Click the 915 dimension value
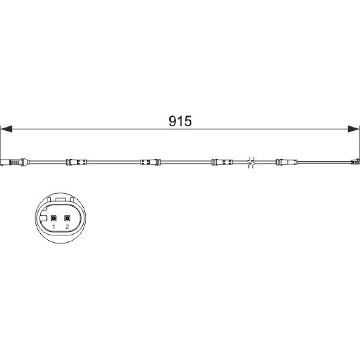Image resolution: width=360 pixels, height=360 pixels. (x=180, y=121)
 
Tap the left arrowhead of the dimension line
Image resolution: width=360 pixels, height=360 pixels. (x=6, y=129)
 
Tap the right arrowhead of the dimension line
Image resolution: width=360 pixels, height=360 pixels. (x=353, y=129)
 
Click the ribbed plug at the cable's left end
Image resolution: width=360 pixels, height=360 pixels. (x=14, y=162)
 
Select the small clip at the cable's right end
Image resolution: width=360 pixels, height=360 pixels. (x=355, y=162)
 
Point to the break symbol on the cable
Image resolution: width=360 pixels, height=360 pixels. (x=252, y=162)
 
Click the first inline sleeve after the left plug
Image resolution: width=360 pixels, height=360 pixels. (x=77, y=162)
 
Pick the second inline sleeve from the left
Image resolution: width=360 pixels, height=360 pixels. (x=150, y=162)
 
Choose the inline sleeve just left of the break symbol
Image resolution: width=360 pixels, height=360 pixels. (x=222, y=162)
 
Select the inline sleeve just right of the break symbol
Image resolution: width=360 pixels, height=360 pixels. (x=287, y=162)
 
